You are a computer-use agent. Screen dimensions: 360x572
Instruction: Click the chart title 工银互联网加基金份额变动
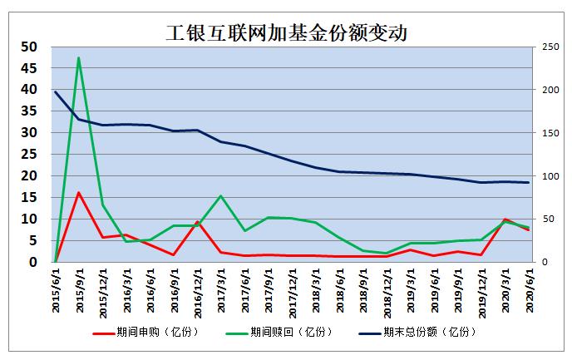(x=286, y=33)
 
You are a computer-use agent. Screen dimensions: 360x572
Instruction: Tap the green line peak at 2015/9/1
(x=78, y=57)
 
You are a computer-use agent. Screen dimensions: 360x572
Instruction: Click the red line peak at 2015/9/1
(x=78, y=193)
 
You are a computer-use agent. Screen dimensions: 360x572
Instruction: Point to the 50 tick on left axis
(x=28, y=47)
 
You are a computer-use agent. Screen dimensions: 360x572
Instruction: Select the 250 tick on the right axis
(x=548, y=47)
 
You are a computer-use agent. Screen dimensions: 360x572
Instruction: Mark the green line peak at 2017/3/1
(x=220, y=195)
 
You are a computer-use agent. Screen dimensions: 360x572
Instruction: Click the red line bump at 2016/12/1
(x=197, y=222)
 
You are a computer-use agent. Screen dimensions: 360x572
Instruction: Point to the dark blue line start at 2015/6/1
(x=55, y=91)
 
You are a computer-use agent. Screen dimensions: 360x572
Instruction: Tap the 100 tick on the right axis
(x=548, y=176)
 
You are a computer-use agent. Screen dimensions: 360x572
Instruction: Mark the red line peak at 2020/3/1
(x=505, y=219)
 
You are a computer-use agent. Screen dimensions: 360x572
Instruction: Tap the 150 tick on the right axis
(x=548, y=133)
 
